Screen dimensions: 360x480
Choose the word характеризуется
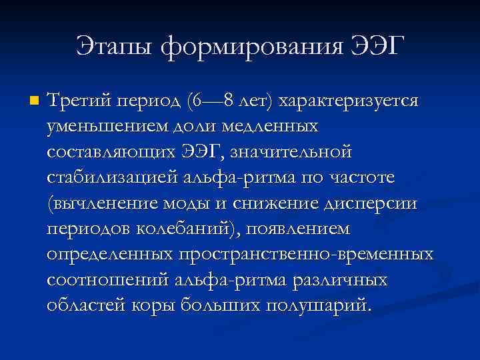point(349,102)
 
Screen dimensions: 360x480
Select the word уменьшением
point(107,127)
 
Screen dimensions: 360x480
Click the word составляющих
point(114,152)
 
